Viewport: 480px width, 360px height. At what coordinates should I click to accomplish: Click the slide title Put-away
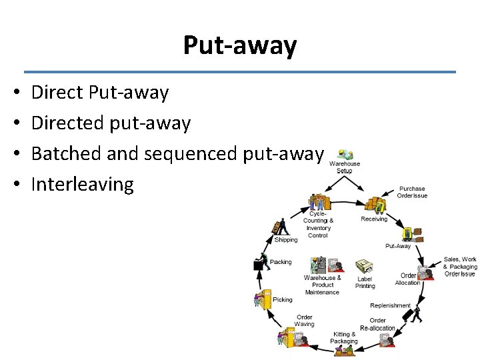pos(240,46)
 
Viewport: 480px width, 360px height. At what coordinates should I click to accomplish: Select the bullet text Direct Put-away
pos(100,93)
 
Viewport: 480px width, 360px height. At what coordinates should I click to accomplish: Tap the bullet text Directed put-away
pos(111,123)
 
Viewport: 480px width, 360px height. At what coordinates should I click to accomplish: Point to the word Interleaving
pos(83,184)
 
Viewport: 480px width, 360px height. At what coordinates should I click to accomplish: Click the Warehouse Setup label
pos(345,167)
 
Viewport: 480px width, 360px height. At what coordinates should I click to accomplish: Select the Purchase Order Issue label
pos(412,192)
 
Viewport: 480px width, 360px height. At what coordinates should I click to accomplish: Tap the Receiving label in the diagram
pos(374,219)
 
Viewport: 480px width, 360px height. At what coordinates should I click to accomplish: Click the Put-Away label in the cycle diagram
pos(398,246)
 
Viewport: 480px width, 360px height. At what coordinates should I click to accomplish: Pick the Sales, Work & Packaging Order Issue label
pos(461,266)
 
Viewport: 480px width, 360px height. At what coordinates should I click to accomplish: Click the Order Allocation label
pos(407,279)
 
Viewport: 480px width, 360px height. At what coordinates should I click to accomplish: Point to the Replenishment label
pos(390,305)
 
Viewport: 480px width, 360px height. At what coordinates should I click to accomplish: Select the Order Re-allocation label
pos(377,324)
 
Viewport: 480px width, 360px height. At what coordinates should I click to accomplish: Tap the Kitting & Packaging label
pos(344,337)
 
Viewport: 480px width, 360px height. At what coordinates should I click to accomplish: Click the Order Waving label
pos(305,321)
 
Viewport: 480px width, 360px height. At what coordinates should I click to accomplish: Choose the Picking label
pos(281,300)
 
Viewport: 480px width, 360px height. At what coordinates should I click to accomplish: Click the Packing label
pos(281,262)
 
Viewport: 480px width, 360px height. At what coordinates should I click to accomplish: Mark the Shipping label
pos(286,239)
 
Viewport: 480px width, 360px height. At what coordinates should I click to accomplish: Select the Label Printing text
pos(365,282)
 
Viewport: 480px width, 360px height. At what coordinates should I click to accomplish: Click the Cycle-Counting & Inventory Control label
pos(318,224)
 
